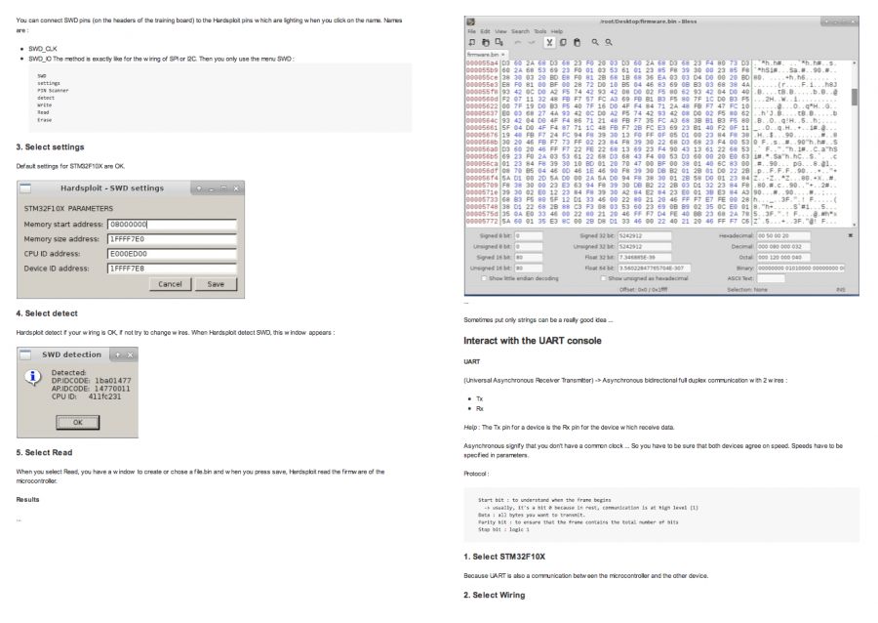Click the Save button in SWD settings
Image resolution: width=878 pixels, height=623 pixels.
(x=216, y=284)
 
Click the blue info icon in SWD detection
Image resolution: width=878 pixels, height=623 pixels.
(x=32, y=377)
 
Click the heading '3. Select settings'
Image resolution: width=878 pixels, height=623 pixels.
(x=50, y=147)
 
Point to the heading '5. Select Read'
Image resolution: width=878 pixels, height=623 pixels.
(x=44, y=452)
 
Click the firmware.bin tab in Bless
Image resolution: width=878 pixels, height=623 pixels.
(x=484, y=55)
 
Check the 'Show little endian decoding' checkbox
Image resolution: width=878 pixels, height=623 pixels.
(x=485, y=278)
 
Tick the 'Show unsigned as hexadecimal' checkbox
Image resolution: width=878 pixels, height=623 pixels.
(x=603, y=278)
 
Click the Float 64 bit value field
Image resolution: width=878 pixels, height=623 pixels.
(x=658, y=268)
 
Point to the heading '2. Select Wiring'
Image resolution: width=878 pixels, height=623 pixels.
(x=494, y=595)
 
